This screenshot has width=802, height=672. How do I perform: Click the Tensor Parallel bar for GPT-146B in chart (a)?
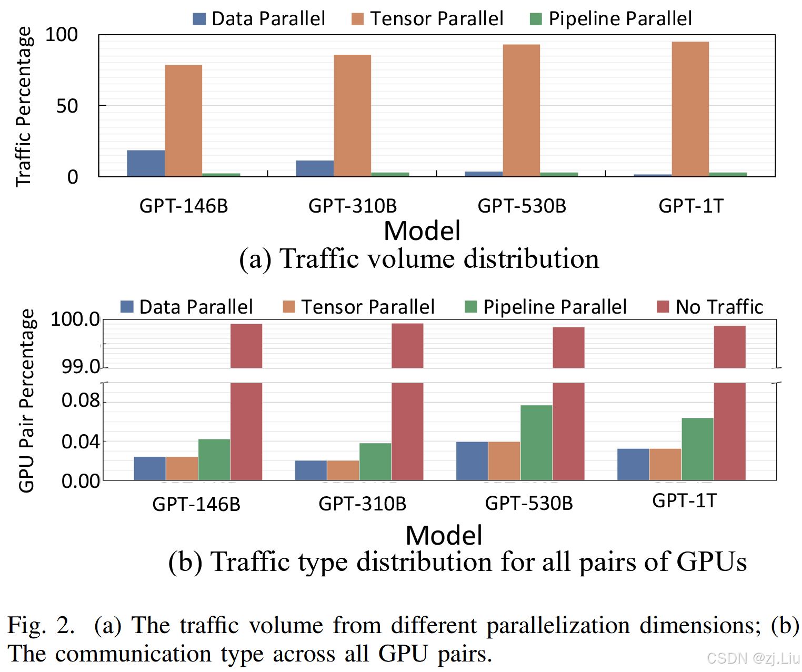click(x=183, y=121)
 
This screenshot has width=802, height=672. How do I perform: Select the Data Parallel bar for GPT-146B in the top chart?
click(x=146, y=163)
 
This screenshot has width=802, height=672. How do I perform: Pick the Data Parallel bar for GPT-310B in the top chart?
click(x=315, y=168)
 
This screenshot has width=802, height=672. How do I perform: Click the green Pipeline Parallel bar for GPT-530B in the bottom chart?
click(x=536, y=443)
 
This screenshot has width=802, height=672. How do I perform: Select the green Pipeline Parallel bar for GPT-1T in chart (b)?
click(x=697, y=449)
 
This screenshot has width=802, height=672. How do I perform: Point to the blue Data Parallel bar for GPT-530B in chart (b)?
click(x=472, y=461)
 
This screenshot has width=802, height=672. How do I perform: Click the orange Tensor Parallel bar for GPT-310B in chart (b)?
click(x=343, y=470)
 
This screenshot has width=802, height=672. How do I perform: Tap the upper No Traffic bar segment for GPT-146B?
click(x=246, y=346)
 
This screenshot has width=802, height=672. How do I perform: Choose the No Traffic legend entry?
click(x=710, y=307)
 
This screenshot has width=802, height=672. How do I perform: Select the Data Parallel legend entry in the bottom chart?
click(x=187, y=307)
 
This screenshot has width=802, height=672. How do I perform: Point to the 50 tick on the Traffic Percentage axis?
click(x=67, y=106)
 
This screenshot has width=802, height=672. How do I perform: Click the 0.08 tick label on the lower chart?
click(x=81, y=400)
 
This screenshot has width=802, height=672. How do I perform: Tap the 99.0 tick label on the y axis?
click(x=81, y=366)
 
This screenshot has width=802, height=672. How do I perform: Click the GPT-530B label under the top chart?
click(x=522, y=206)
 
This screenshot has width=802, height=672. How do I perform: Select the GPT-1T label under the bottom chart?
click(x=684, y=500)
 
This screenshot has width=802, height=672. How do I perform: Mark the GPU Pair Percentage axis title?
click(x=26, y=400)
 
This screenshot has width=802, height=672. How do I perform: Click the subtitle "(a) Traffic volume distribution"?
click(x=419, y=259)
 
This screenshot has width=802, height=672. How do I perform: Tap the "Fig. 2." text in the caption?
click(x=41, y=625)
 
